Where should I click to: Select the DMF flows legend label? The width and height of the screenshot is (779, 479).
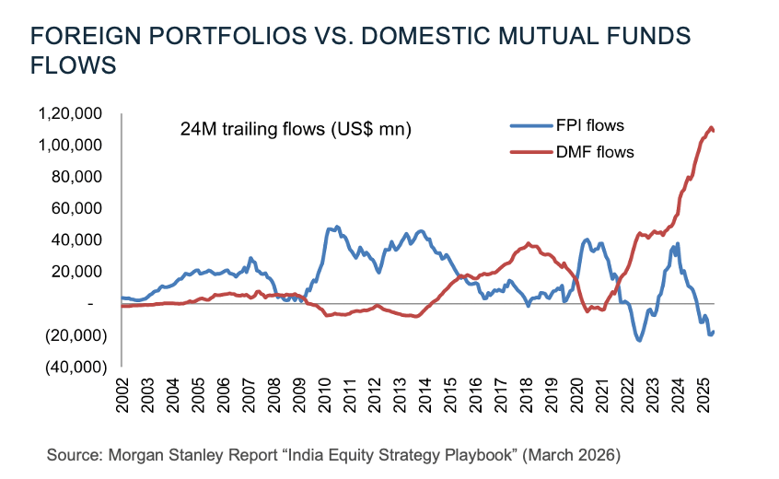coord(596,152)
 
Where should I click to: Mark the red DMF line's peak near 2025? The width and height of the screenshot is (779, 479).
coord(710,127)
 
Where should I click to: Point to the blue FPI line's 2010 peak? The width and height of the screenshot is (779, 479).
coord(336,227)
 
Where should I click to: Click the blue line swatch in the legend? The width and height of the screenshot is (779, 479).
coord(528,126)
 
